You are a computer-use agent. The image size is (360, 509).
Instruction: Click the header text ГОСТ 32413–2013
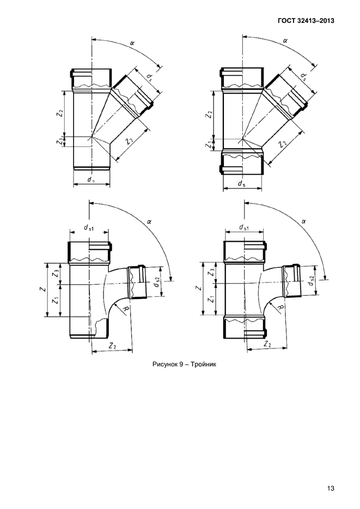pos(306,21)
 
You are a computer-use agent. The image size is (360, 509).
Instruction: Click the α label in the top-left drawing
pos(132,42)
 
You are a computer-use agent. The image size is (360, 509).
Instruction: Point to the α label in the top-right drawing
pos(285,41)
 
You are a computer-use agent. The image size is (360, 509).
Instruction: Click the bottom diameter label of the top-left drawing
pos(91,180)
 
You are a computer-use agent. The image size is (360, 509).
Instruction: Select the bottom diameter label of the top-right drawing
pos(241,184)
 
